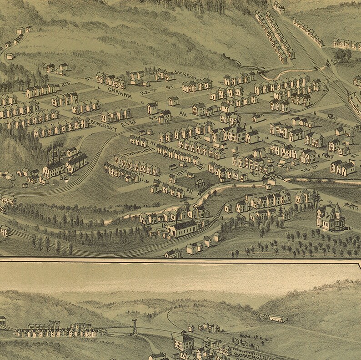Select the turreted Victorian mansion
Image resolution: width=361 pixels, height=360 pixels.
point(331,218)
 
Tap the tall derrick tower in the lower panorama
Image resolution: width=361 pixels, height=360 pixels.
point(135,326)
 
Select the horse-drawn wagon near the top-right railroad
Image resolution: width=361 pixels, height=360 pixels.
point(330,117)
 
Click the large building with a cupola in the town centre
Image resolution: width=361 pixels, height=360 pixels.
point(234,132)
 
